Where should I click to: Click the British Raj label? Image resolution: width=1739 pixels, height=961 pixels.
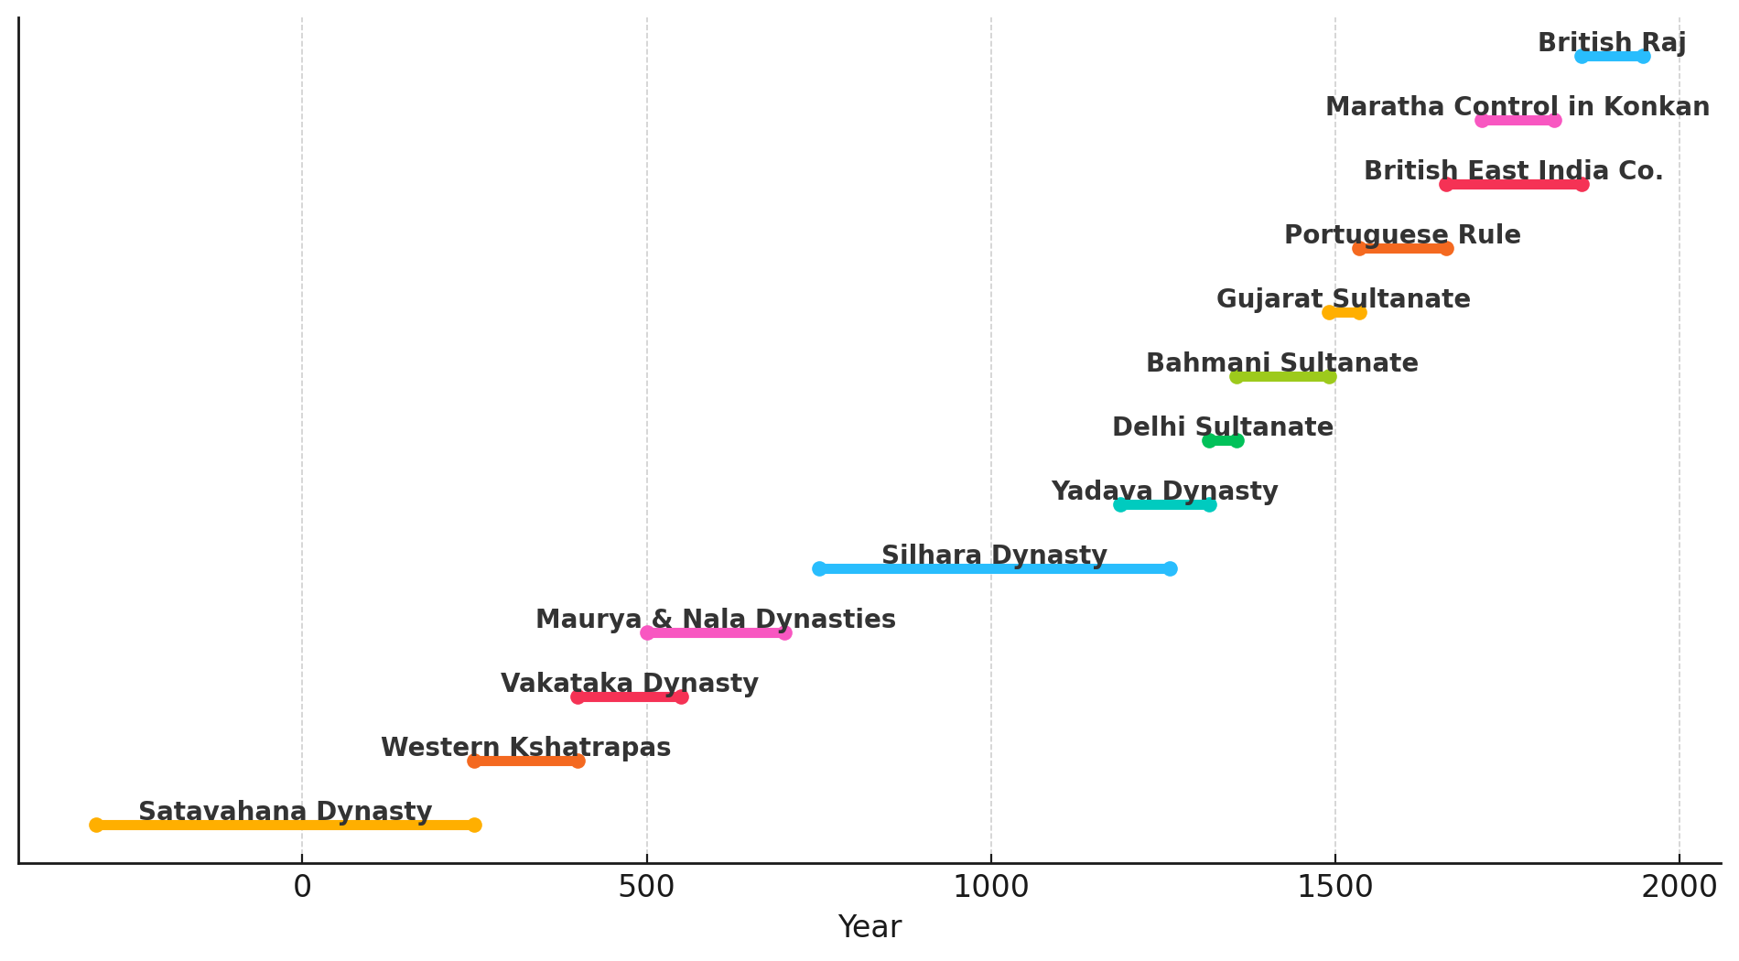click(1611, 43)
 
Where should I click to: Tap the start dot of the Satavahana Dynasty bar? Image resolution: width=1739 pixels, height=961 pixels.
click(96, 825)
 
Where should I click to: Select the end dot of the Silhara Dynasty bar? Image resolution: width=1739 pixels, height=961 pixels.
click(1170, 568)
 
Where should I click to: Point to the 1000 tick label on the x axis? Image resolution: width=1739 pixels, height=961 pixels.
click(990, 887)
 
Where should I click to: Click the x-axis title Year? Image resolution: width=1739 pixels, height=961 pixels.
click(869, 927)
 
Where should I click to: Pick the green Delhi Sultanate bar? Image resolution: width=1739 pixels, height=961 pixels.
click(1223, 440)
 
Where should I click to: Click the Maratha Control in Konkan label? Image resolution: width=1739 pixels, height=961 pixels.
click(1517, 107)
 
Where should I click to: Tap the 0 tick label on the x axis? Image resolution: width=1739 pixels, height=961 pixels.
click(302, 887)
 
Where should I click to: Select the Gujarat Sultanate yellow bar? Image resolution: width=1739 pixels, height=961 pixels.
click(1344, 312)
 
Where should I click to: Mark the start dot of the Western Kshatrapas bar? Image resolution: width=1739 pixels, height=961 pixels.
click(474, 761)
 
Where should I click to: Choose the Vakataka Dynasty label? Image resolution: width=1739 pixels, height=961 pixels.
click(629, 684)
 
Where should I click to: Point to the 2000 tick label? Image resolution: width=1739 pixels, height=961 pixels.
click(1679, 887)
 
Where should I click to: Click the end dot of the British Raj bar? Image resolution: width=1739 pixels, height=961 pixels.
click(1644, 56)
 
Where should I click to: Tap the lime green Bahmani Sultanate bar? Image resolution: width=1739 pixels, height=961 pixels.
click(1282, 376)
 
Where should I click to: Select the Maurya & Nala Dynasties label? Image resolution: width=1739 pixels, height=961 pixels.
click(715, 620)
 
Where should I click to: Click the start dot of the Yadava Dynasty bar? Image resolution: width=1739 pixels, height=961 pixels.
click(1120, 504)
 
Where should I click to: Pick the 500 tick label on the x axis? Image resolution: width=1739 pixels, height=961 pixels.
click(646, 887)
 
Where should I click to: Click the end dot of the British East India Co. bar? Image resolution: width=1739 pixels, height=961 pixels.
click(1582, 184)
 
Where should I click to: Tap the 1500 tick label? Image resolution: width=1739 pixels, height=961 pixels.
click(1334, 887)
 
